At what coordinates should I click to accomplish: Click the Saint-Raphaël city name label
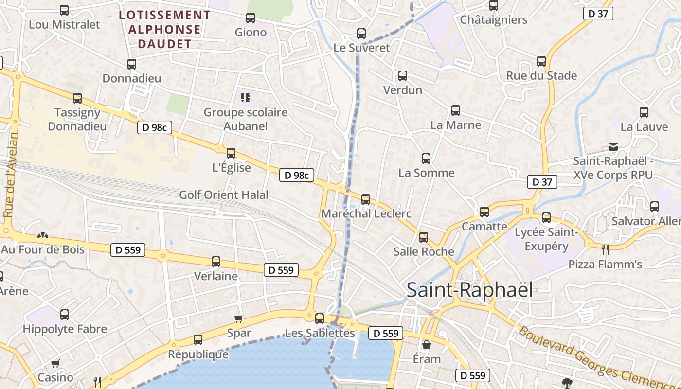tap(469, 290)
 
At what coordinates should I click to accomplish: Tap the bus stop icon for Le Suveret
tap(361, 34)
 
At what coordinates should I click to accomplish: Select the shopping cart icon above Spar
tap(239, 319)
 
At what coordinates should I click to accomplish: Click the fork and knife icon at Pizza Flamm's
tap(605, 250)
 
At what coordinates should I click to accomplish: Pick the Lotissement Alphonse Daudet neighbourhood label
tap(165, 29)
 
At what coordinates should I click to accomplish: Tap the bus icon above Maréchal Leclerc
tap(366, 199)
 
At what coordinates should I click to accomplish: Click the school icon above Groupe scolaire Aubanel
tap(246, 98)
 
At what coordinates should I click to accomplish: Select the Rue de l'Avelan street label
tap(11, 175)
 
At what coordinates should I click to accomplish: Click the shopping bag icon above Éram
tap(427, 345)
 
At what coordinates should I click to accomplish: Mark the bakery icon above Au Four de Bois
tap(43, 235)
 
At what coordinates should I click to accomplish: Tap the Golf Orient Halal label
tap(224, 195)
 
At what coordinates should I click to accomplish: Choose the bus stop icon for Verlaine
tap(216, 262)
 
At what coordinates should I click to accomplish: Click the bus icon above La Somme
tap(426, 158)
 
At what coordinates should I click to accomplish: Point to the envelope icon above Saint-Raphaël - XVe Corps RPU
tap(613, 146)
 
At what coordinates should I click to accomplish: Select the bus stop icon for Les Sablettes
tap(320, 318)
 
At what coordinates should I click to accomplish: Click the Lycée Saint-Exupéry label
tap(546, 239)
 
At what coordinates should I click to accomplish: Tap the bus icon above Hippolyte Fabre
tap(65, 315)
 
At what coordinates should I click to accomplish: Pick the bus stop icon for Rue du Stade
tap(541, 61)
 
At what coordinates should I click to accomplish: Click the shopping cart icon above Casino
tap(55, 363)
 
